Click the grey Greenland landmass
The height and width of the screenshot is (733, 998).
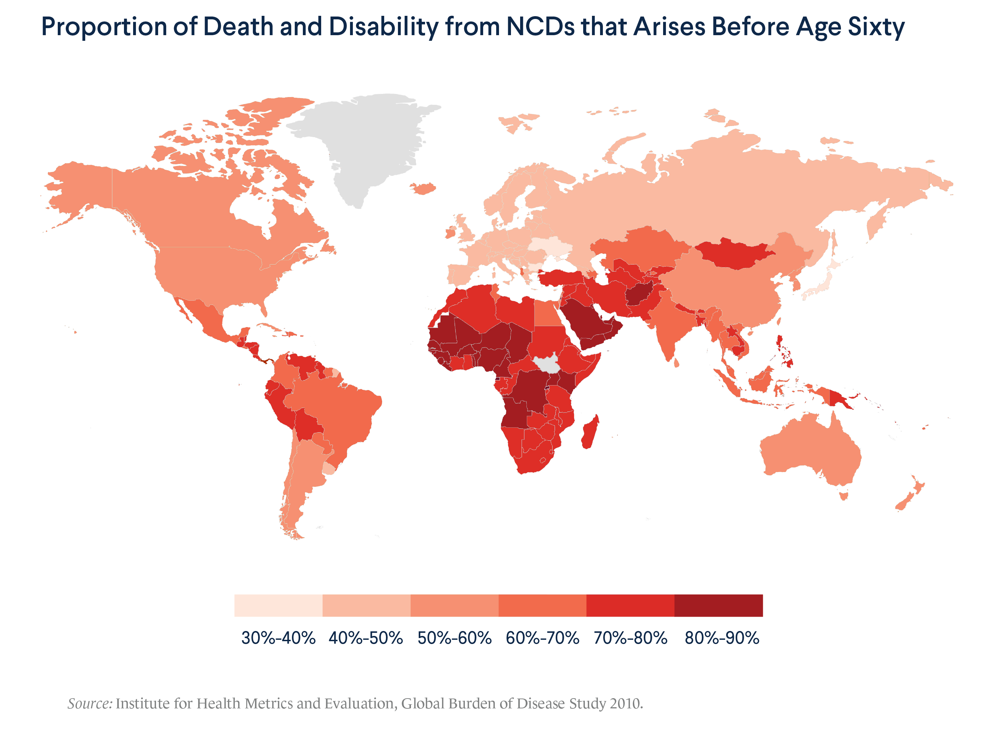click(373, 142)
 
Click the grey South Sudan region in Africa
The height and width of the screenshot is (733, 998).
click(547, 365)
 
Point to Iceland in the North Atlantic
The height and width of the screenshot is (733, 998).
click(424, 188)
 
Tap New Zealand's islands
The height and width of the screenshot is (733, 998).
click(911, 497)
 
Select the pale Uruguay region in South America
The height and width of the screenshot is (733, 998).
click(329, 469)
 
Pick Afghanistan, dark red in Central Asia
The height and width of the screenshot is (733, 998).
click(640, 293)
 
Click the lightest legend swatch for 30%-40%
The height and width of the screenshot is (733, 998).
click(278, 605)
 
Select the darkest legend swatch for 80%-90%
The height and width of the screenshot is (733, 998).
click(718, 605)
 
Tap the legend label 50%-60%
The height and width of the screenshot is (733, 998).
click(454, 638)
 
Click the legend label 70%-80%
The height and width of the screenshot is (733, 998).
click(630, 638)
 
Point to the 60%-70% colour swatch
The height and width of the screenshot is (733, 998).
click(542, 605)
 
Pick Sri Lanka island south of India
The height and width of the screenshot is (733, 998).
click(676, 363)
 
